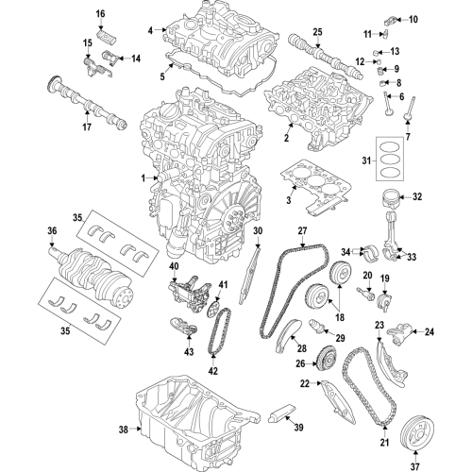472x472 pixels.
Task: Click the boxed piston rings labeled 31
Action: (x=390, y=160)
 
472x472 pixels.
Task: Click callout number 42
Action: (x=212, y=371)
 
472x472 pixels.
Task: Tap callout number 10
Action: (x=411, y=19)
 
